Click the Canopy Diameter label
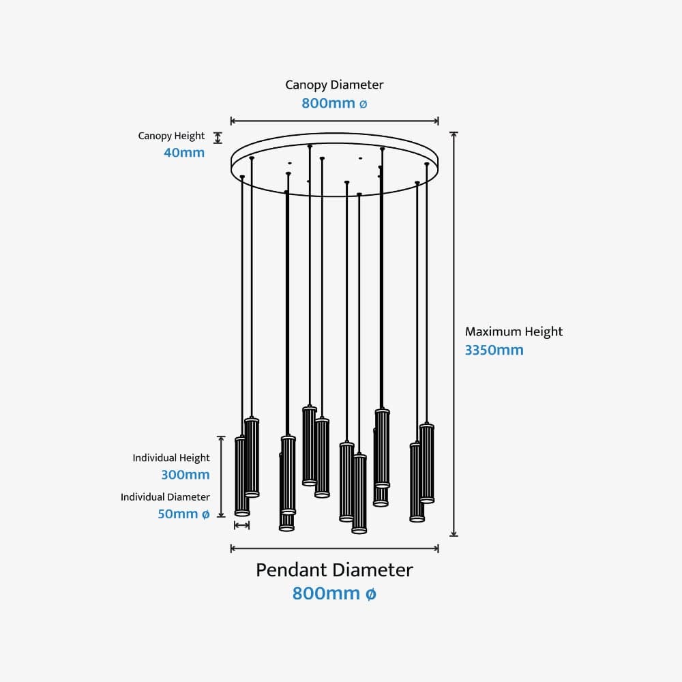[x=334, y=85]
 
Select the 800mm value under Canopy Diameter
[x=328, y=104]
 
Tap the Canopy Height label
[x=171, y=136]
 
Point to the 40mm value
[x=184, y=153]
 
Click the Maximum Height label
[x=514, y=332]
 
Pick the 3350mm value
[x=494, y=351]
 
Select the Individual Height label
[x=171, y=458]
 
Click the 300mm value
[x=186, y=475]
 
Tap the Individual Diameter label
[x=166, y=497]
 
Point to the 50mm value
[x=177, y=514]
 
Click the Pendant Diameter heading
[x=334, y=570]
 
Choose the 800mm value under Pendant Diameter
[x=326, y=593]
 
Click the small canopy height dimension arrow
[x=218, y=138]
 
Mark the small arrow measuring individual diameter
[x=241, y=525]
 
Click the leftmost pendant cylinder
[x=241, y=475]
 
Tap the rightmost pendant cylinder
[x=427, y=464]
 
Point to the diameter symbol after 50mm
[x=205, y=514]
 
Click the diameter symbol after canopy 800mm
[x=363, y=104]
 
